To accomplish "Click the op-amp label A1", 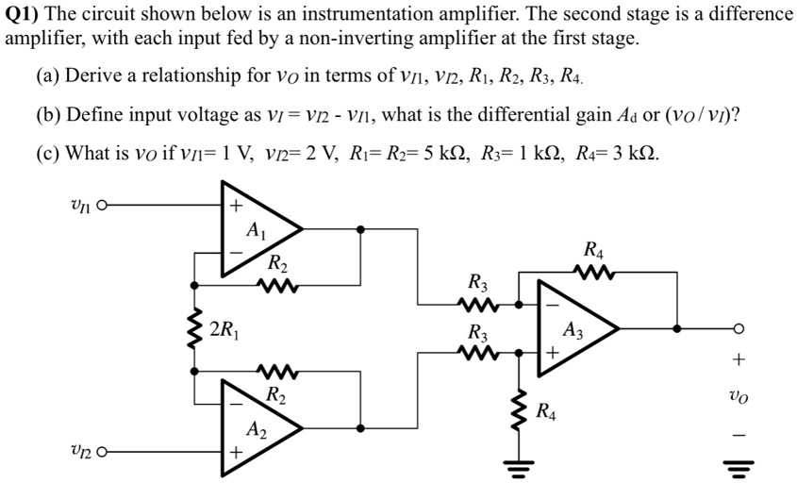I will tap(255, 229).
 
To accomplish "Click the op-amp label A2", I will tap(255, 430).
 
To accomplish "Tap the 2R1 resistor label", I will tap(224, 329).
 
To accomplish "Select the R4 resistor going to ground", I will tap(518, 408).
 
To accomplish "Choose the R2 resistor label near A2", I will tap(276, 394).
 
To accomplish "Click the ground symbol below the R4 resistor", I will tap(518, 462).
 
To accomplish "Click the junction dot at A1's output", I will tap(362, 228).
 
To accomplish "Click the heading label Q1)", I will tap(22, 15).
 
